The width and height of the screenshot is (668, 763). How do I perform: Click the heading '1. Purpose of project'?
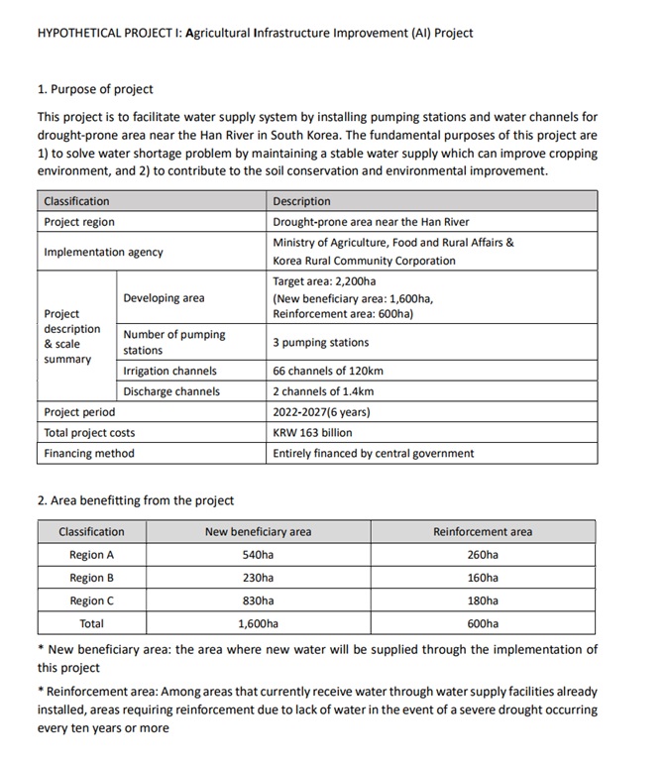tap(95, 89)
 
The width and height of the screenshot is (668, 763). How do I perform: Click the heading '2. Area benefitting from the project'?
tap(136, 499)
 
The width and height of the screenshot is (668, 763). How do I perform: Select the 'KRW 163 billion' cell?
tap(312, 432)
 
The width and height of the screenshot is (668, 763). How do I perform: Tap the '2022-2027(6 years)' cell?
tap(321, 411)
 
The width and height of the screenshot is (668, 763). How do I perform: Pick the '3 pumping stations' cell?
tap(320, 342)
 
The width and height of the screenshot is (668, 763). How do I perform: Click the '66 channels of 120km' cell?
tap(328, 371)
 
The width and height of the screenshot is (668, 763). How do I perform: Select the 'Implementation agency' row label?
tap(103, 252)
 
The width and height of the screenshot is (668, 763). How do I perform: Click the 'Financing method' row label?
tap(89, 453)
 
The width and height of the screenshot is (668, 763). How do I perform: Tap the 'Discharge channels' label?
tap(171, 391)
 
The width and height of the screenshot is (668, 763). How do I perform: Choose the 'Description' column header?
tap(302, 201)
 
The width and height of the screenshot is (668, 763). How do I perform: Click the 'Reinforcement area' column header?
tap(483, 531)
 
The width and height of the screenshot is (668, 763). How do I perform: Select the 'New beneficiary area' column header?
tap(258, 531)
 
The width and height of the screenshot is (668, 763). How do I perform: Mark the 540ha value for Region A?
tap(258, 555)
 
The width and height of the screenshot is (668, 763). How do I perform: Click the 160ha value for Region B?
tap(483, 578)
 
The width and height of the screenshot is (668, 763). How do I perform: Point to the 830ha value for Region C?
tap(258, 600)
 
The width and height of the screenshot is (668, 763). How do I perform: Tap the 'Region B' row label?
tap(91, 578)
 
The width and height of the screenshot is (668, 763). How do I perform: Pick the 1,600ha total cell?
tap(258, 623)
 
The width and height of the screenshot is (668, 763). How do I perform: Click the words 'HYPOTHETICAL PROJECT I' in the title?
tap(107, 33)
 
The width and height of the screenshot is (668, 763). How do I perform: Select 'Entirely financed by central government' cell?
tap(374, 453)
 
